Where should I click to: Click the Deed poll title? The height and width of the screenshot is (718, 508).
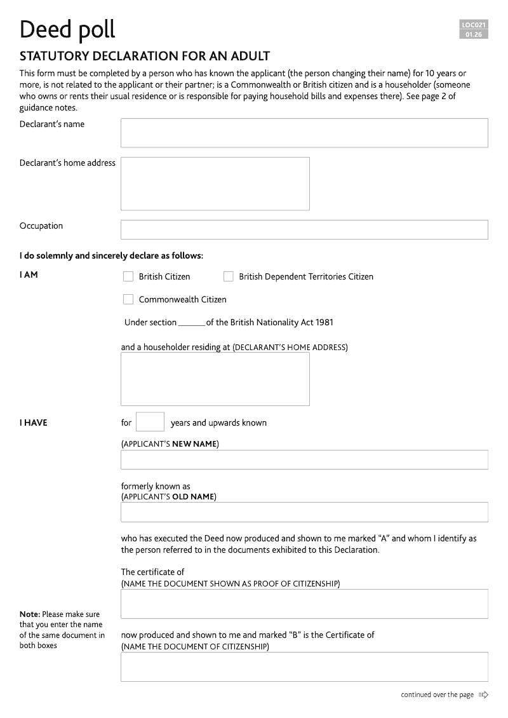coord(67,29)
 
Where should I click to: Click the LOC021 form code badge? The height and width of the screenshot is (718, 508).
coord(474,25)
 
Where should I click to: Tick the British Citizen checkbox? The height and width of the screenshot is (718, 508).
coord(128,276)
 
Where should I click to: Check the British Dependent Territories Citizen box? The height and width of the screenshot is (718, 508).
coord(229,276)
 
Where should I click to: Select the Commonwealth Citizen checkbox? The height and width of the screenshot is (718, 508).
coord(128,299)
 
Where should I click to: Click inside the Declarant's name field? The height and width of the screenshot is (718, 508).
coord(304,133)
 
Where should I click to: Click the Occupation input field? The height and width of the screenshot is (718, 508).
coord(304,229)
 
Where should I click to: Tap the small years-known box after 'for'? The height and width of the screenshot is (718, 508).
coord(150,422)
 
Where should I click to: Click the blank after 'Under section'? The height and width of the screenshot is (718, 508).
coord(191,323)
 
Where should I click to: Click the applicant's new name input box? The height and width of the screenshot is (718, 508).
coord(304,459)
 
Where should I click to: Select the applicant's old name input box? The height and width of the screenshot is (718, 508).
coord(304,511)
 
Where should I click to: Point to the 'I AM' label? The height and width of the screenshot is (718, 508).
coord(29,275)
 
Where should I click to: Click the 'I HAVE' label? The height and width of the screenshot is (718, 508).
coord(33,423)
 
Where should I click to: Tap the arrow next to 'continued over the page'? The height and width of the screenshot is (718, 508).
coord(484,694)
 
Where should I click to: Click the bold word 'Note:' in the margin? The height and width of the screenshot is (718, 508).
coord(30,614)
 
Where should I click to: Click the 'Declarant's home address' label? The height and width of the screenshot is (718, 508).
coord(67,163)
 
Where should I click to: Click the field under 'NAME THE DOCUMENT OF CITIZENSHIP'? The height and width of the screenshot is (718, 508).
coord(304,667)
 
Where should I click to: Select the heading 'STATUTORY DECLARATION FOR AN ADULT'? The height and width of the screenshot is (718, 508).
coord(145,56)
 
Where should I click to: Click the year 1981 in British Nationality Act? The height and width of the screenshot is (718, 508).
coord(323,322)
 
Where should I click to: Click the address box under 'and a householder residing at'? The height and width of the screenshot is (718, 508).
coord(215,379)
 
